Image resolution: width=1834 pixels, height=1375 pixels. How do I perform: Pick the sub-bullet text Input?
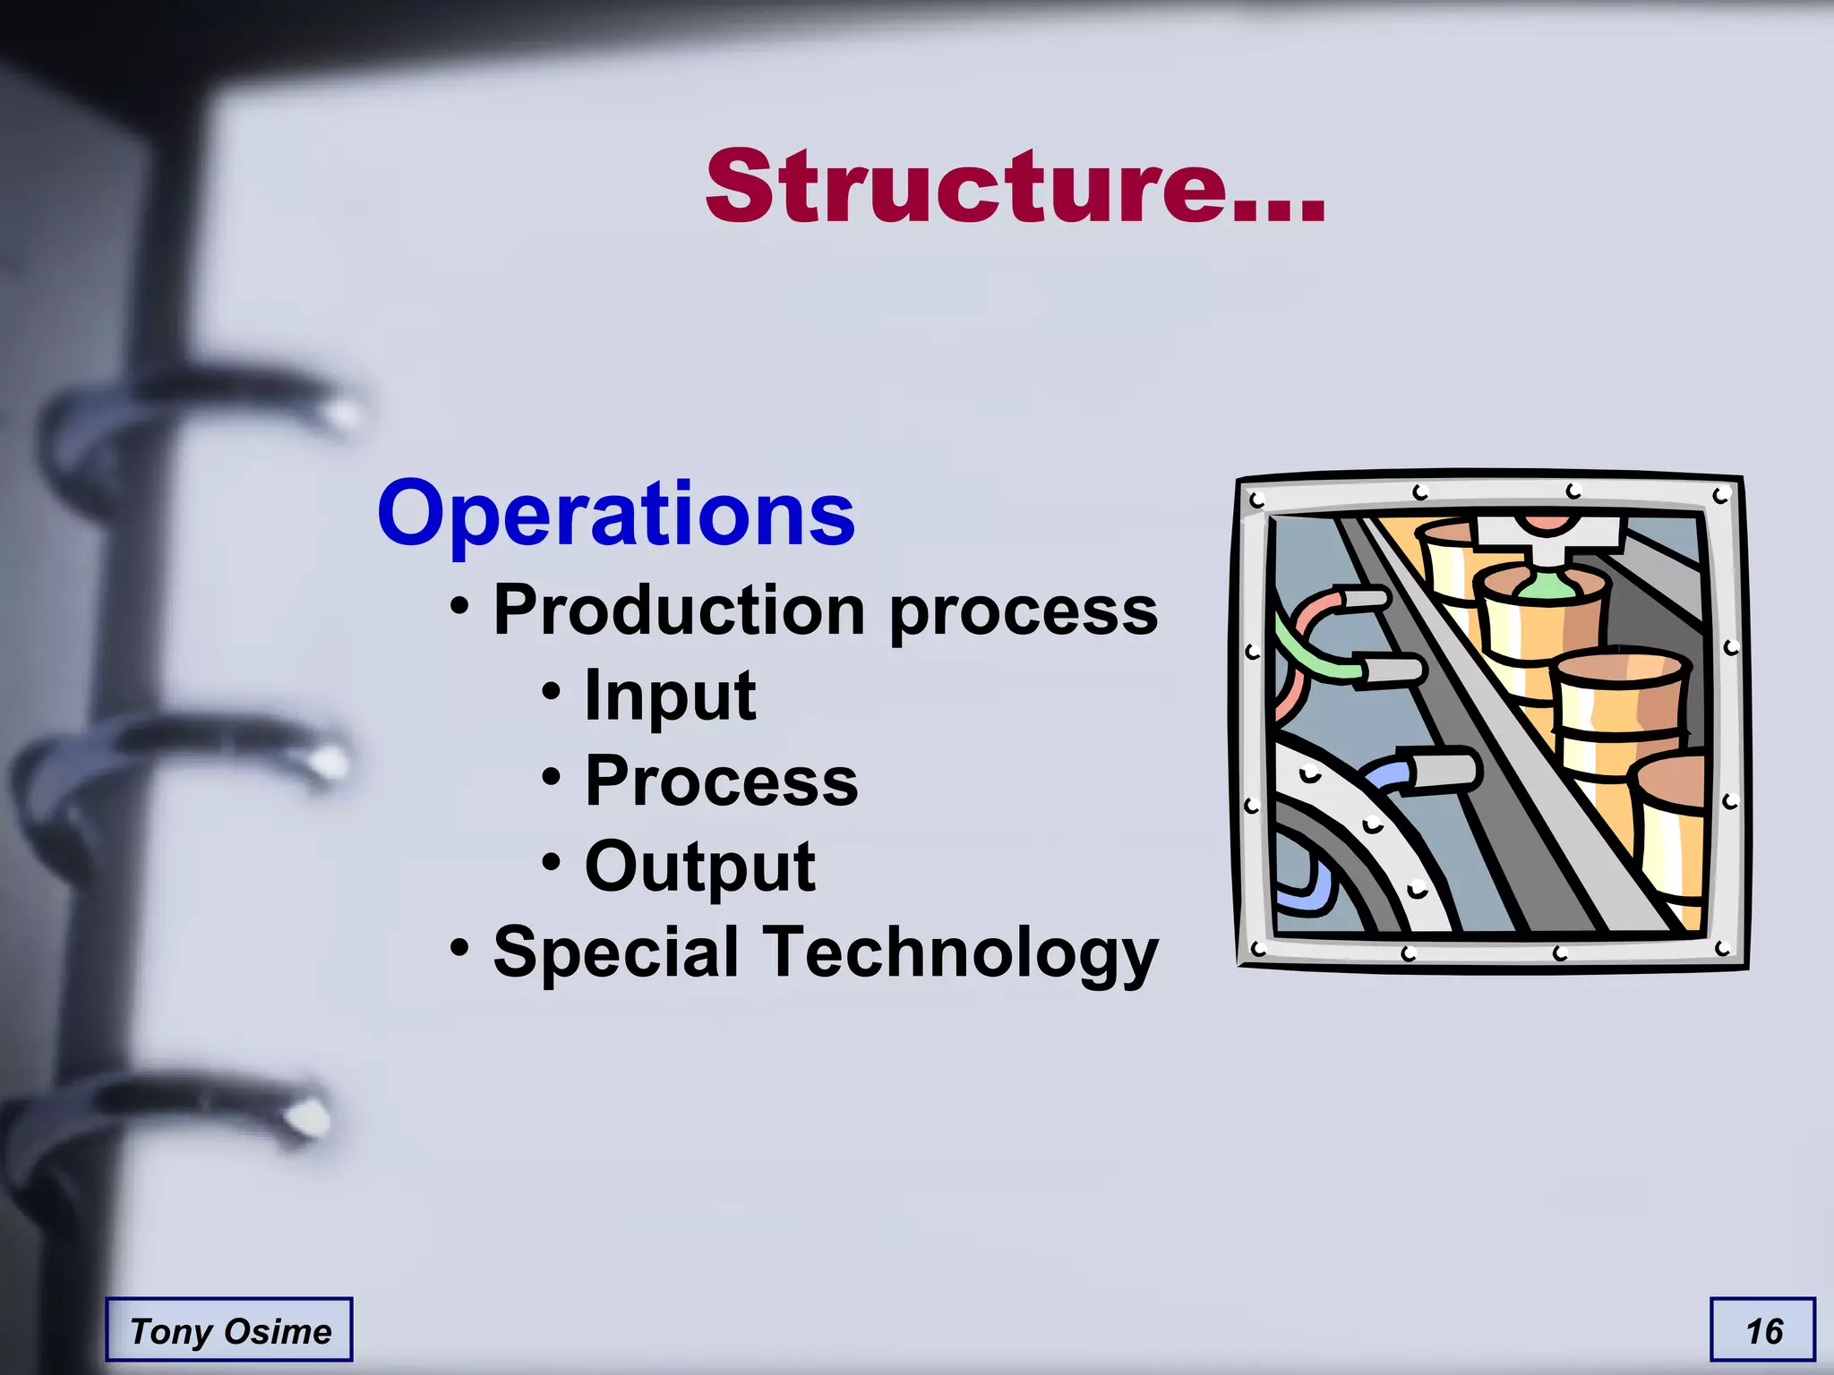point(670,696)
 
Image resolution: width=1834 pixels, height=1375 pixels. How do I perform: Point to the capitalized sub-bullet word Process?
point(721,781)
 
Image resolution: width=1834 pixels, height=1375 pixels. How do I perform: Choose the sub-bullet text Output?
point(699,867)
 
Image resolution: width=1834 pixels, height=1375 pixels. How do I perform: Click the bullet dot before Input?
point(552,691)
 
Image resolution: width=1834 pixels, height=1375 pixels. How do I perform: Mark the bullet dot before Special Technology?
point(459,946)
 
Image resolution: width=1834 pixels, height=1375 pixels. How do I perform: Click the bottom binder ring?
point(170,1115)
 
